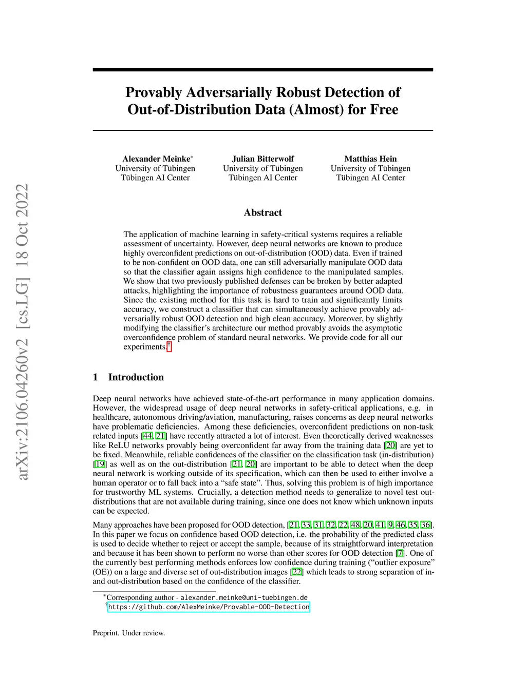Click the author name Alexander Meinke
pyautogui.click(x=156, y=159)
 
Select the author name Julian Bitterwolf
pyautogui.click(x=263, y=159)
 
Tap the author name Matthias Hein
pyautogui.click(x=370, y=159)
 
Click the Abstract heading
pyautogui.click(x=263, y=212)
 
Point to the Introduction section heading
pyautogui.click(x=136, y=377)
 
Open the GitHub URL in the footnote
pyautogui.click(x=209, y=607)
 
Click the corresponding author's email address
pyautogui.click(x=244, y=597)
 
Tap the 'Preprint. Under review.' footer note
pyautogui.click(x=129, y=633)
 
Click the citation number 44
pyautogui.click(x=147, y=436)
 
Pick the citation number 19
pyautogui.click(x=100, y=464)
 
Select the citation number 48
pyautogui.click(x=355, y=525)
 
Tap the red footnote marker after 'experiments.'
pyautogui.click(x=169, y=346)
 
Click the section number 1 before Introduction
pyautogui.click(x=96, y=377)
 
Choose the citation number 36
pyautogui.click(x=426, y=525)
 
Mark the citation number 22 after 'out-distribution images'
pyautogui.click(x=296, y=572)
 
